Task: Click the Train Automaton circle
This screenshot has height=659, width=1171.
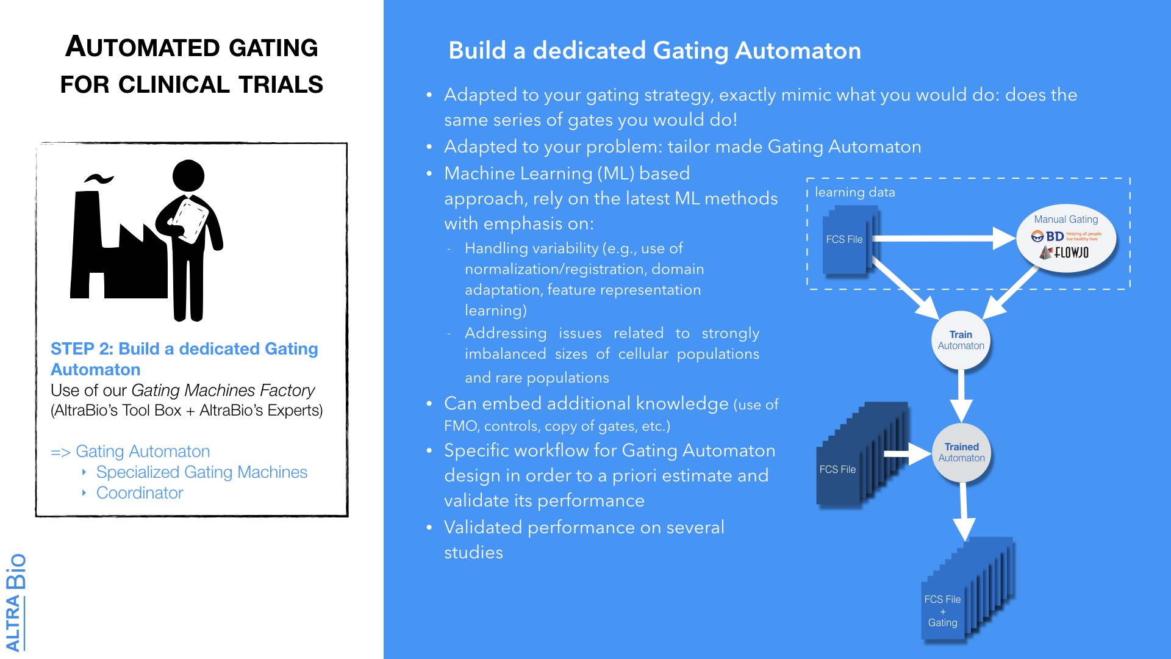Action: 961,340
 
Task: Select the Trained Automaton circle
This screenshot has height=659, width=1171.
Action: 961,453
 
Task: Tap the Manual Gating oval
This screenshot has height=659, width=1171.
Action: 1065,238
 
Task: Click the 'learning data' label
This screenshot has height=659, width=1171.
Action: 854,192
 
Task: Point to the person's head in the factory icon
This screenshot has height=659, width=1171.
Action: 188,176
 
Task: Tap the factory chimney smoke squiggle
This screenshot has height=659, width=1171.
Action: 99,179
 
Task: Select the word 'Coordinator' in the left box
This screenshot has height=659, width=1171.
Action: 140,493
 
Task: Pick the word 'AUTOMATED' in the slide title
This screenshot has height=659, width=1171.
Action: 141,48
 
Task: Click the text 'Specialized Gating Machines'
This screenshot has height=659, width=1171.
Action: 201,472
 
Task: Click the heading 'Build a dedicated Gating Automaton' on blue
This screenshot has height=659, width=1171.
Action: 654,51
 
